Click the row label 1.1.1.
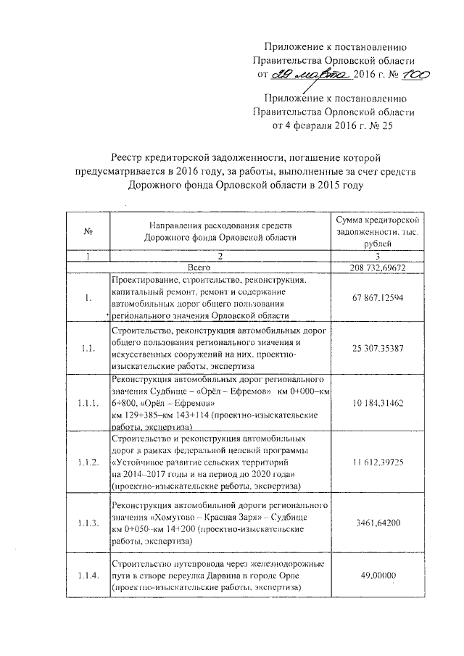click(88, 402)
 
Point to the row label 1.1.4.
click(88, 576)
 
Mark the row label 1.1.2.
click(88, 462)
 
